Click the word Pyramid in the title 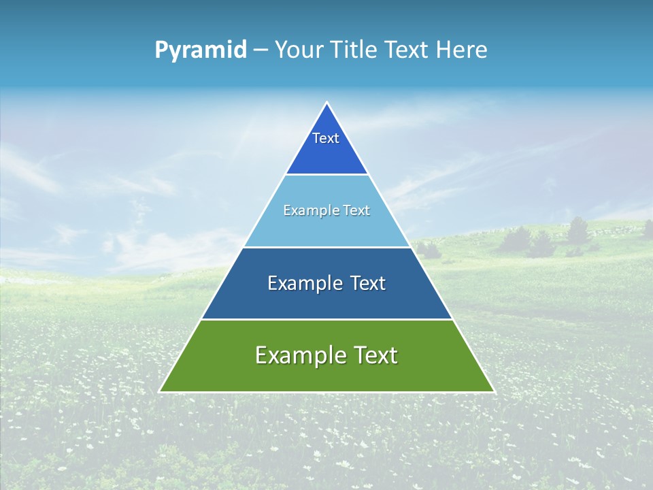[201, 50]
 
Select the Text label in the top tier [326, 138]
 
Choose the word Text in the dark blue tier [368, 284]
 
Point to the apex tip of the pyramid [326, 103]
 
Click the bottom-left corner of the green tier [161, 391]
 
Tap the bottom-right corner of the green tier [493, 391]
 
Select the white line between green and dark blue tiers [326, 319]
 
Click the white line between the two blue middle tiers [326, 247]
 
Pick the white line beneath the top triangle [326, 174]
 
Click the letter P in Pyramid [161, 50]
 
